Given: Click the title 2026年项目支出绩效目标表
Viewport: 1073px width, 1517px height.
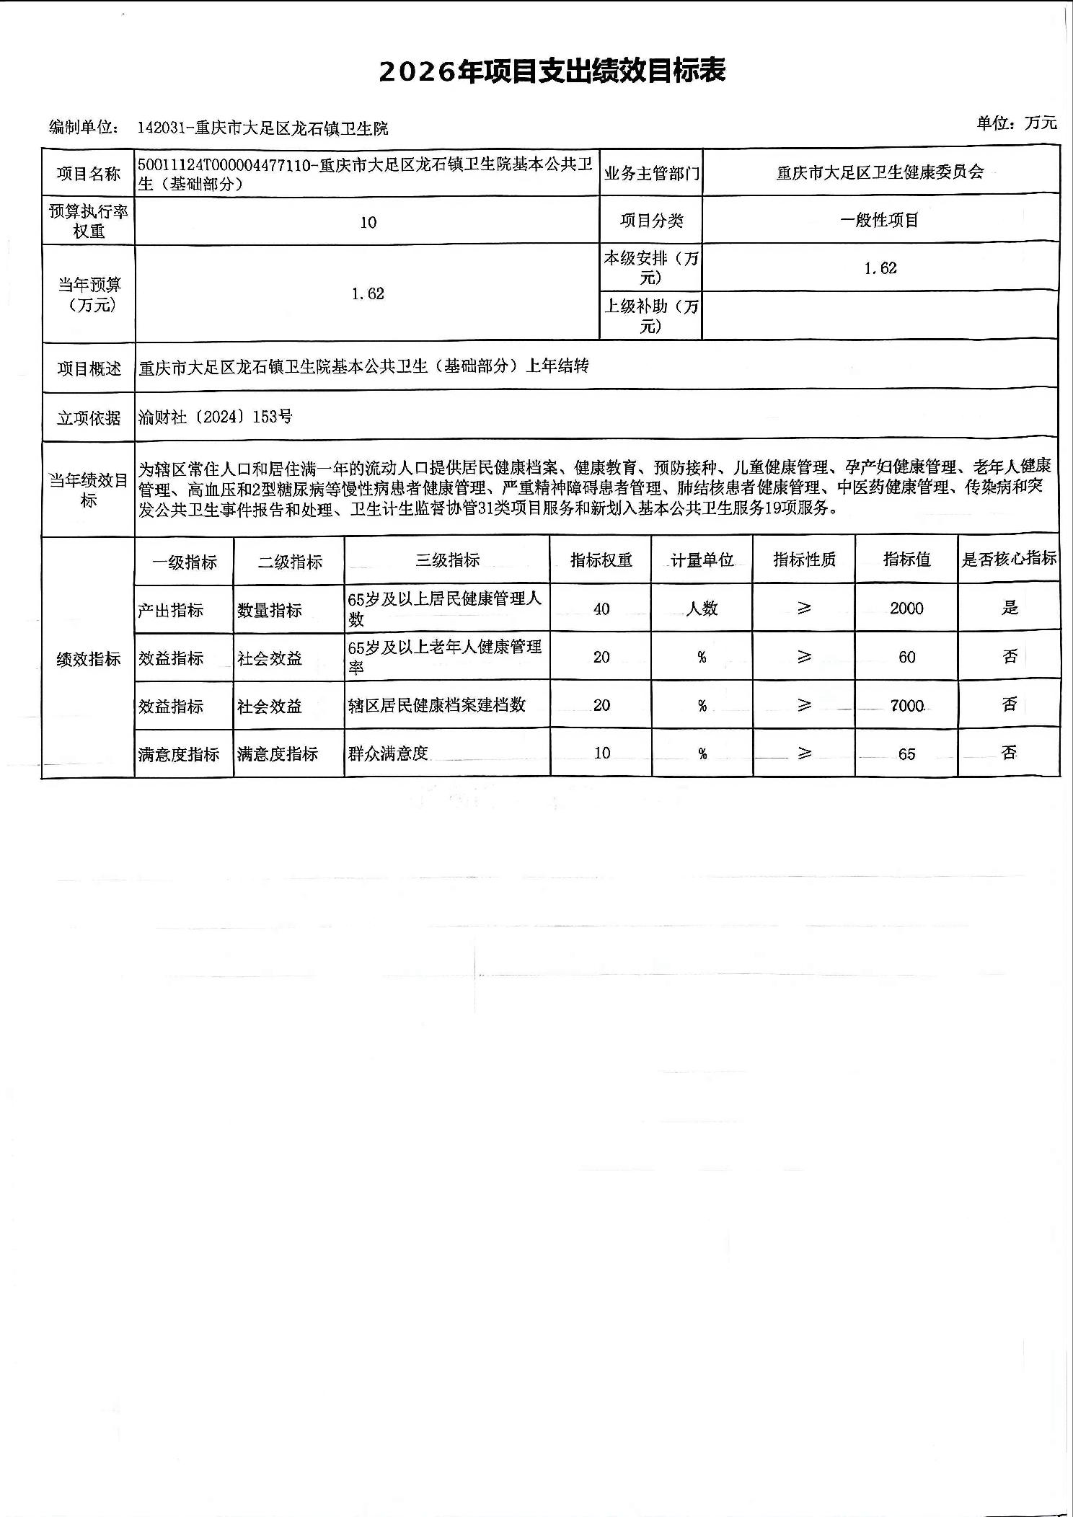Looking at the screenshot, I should pyautogui.click(x=552, y=71).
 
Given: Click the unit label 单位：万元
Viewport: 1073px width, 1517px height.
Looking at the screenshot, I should pyautogui.click(x=1017, y=123).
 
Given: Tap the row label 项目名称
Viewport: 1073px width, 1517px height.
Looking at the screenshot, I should pyautogui.click(x=89, y=174).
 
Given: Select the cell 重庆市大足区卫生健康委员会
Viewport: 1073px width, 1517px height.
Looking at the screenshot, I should pyautogui.click(x=880, y=172).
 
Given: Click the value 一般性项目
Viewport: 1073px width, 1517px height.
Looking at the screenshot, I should pyautogui.click(x=880, y=221).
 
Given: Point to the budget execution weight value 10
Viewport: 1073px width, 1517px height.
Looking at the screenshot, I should pyautogui.click(x=368, y=222).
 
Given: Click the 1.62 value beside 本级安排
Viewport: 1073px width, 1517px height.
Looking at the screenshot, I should pyautogui.click(x=880, y=268).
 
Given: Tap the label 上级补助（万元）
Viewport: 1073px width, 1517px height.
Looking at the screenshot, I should pyautogui.click(x=650, y=316).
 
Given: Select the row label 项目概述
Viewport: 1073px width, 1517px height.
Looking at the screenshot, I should pyautogui.click(x=89, y=368).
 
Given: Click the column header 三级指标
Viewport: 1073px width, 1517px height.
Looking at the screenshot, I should pyautogui.click(x=447, y=560).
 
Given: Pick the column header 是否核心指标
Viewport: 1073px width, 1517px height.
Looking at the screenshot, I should pyautogui.click(x=1008, y=559).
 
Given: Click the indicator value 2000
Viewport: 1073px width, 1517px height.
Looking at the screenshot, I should pyautogui.click(x=906, y=609).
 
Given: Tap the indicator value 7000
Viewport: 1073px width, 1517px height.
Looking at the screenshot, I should pyautogui.click(x=906, y=706).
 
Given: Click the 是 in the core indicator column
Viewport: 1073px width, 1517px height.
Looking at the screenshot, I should pyautogui.click(x=1009, y=607).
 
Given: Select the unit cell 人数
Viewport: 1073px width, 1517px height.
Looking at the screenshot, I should pyautogui.click(x=702, y=609).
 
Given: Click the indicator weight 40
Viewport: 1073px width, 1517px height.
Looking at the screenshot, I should pyautogui.click(x=601, y=609).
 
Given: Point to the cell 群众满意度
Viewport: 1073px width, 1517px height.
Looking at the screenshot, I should pyautogui.click(x=388, y=754).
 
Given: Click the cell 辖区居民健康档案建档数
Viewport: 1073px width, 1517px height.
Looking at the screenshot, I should pyautogui.click(x=436, y=705).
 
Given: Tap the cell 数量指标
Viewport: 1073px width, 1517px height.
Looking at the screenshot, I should pyautogui.click(x=270, y=611).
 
